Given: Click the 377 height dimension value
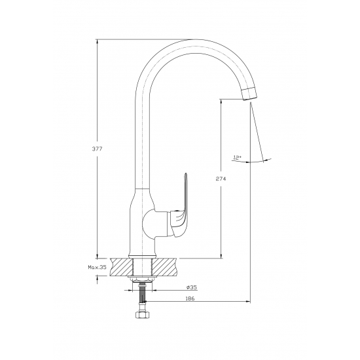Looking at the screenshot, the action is (97, 149).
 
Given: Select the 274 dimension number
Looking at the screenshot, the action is (221, 179).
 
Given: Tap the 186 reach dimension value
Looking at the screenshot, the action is (190, 298).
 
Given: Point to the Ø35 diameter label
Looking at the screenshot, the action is (192, 287).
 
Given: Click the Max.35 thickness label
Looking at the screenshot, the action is (98, 267).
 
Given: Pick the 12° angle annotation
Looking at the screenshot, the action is (237, 158).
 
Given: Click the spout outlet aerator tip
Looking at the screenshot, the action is (249, 94).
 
